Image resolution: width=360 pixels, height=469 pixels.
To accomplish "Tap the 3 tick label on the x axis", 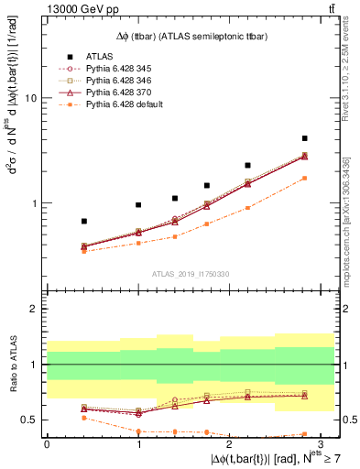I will [x=320, y=443].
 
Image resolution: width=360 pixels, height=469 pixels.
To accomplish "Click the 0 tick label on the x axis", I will [x=47, y=443].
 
